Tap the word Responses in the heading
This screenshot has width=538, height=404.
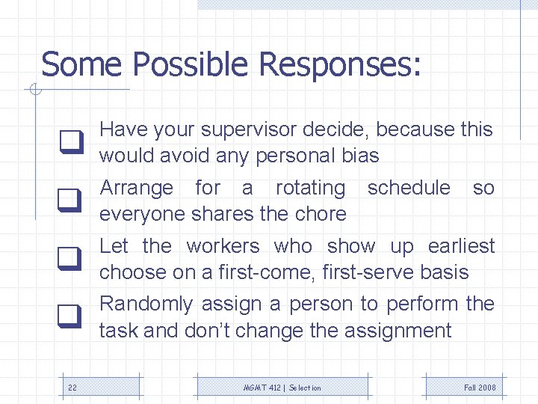click(340, 64)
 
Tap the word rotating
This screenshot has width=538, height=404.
click(310, 189)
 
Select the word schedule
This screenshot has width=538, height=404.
click(409, 188)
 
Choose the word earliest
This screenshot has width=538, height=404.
click(461, 246)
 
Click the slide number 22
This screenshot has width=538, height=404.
click(72, 388)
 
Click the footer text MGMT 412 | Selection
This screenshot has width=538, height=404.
click(282, 388)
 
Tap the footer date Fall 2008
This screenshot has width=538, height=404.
click(480, 388)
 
